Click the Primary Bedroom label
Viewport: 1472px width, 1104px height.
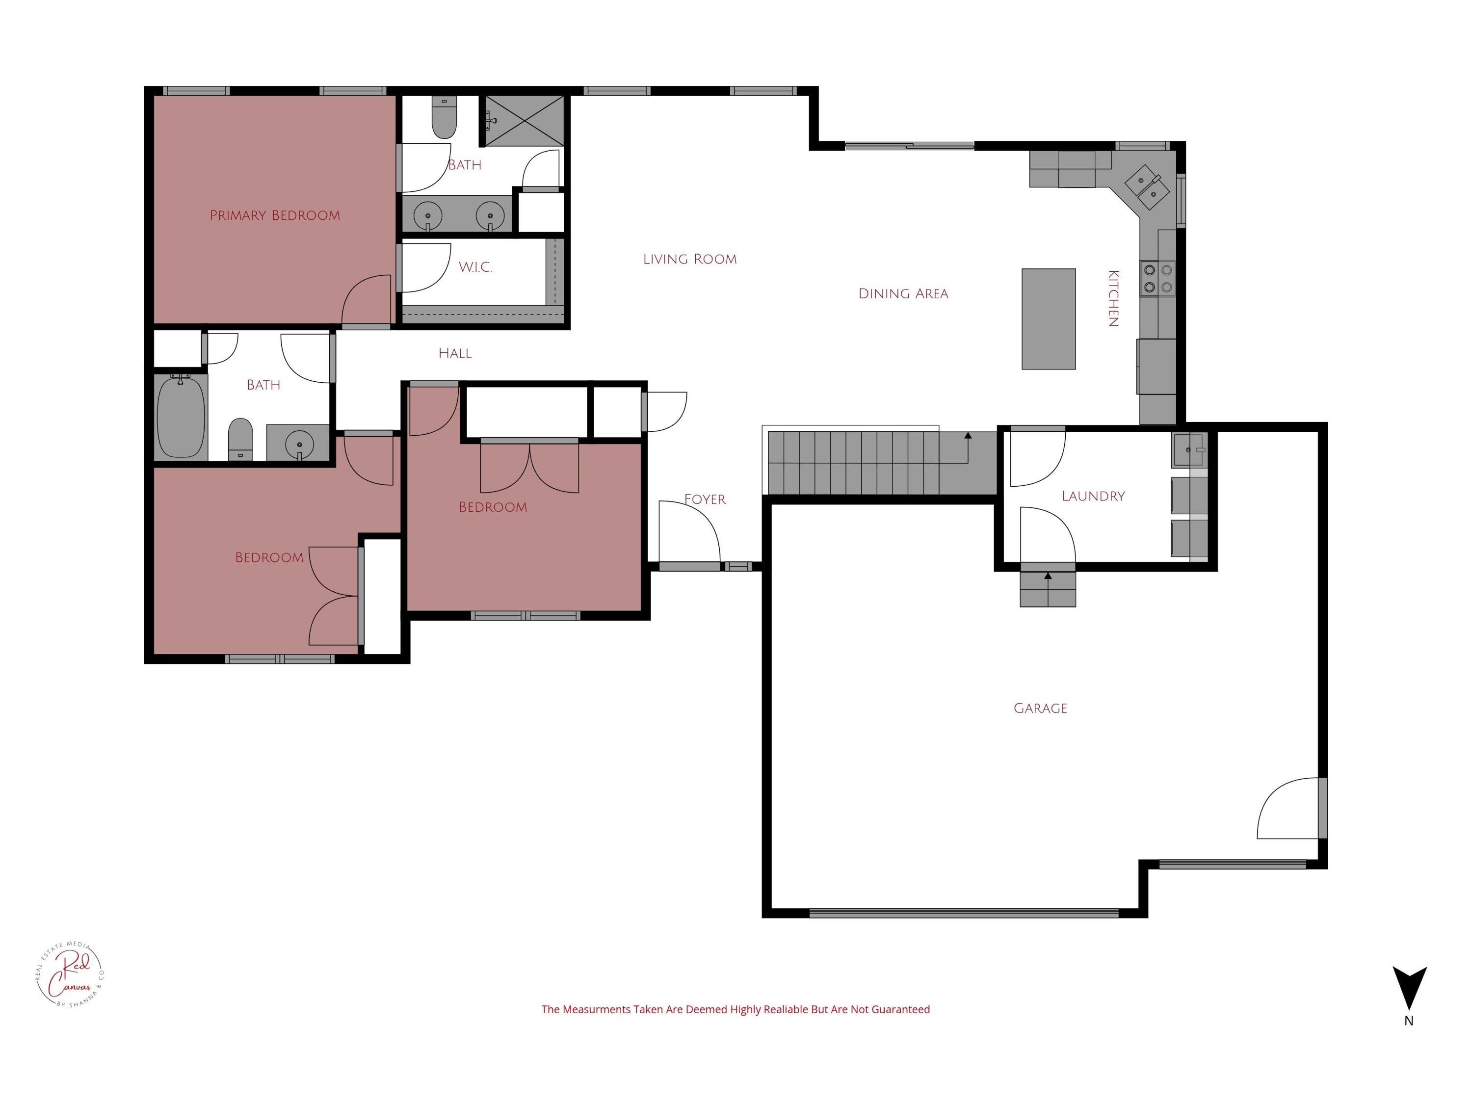[x=275, y=215]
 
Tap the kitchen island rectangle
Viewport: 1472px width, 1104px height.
[x=1049, y=319]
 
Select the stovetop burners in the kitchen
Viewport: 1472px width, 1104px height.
[x=1158, y=279]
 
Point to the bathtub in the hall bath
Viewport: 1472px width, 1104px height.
[x=181, y=417]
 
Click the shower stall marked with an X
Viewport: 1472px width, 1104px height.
[x=525, y=120]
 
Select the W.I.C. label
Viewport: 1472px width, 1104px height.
[x=475, y=267]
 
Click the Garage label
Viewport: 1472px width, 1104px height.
[x=1040, y=709]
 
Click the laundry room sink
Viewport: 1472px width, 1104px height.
[x=1188, y=450]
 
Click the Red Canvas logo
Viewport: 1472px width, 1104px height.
[x=69, y=975]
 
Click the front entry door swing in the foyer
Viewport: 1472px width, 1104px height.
[x=689, y=532]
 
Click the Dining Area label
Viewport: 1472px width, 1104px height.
[x=903, y=294]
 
